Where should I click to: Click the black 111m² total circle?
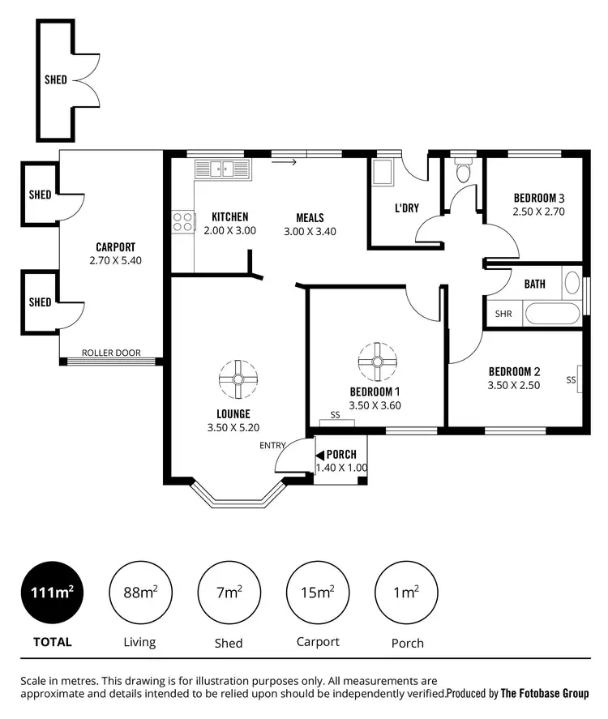tap(53, 593)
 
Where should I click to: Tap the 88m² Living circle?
tap(139, 593)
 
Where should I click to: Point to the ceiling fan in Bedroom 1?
tap(376, 362)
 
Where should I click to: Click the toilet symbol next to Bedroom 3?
tap(464, 171)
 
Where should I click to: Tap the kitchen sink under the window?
tap(223, 169)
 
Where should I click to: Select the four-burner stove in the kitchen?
tap(182, 221)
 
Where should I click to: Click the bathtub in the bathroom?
tap(551, 313)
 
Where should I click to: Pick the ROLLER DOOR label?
tap(111, 353)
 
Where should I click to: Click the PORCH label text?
tap(341, 454)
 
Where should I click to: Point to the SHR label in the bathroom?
tap(503, 314)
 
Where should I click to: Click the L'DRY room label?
tap(406, 208)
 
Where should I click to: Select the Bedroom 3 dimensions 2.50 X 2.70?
tap(537, 212)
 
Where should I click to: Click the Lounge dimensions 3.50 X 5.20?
tap(233, 427)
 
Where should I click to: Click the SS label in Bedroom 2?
tap(572, 379)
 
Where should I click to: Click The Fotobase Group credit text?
tap(545, 694)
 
